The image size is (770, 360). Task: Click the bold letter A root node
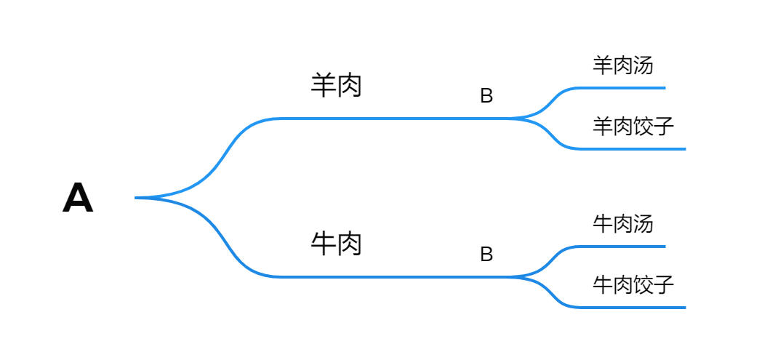tap(78, 198)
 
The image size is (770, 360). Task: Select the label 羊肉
tap(336, 86)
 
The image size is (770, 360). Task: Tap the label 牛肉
tap(336, 244)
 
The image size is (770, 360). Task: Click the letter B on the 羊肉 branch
tap(486, 96)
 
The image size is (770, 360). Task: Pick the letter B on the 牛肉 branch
tap(486, 254)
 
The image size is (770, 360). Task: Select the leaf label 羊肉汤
tap(622, 65)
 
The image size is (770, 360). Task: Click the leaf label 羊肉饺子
tap(633, 127)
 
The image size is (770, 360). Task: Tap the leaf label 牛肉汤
tap(622, 223)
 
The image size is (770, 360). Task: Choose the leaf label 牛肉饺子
tap(633, 284)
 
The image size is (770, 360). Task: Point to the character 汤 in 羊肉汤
tap(643, 65)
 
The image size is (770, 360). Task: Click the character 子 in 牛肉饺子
tap(664, 284)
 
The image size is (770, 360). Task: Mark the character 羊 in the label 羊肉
tap(323, 86)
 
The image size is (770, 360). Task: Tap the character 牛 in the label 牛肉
tap(323, 244)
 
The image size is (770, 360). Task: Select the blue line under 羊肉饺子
tap(633, 149)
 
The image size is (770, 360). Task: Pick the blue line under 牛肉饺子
tap(633, 308)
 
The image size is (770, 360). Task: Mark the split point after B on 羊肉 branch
tap(512, 118)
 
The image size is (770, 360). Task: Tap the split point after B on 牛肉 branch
tap(512, 276)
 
